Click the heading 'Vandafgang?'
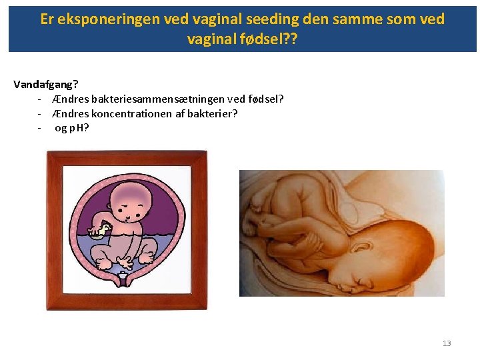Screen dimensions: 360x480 click(45, 85)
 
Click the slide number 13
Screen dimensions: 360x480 click(447, 343)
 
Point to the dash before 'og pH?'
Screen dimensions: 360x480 click(41, 127)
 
